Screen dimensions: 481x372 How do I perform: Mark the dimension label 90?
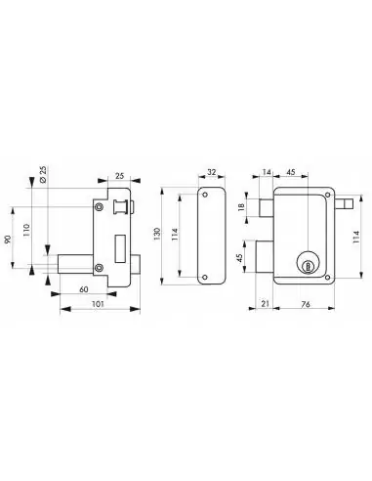point(14,240)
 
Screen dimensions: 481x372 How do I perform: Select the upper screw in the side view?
point(100,206)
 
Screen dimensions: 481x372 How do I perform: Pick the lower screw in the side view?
point(100,269)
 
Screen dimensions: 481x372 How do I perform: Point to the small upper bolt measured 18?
point(266,205)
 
